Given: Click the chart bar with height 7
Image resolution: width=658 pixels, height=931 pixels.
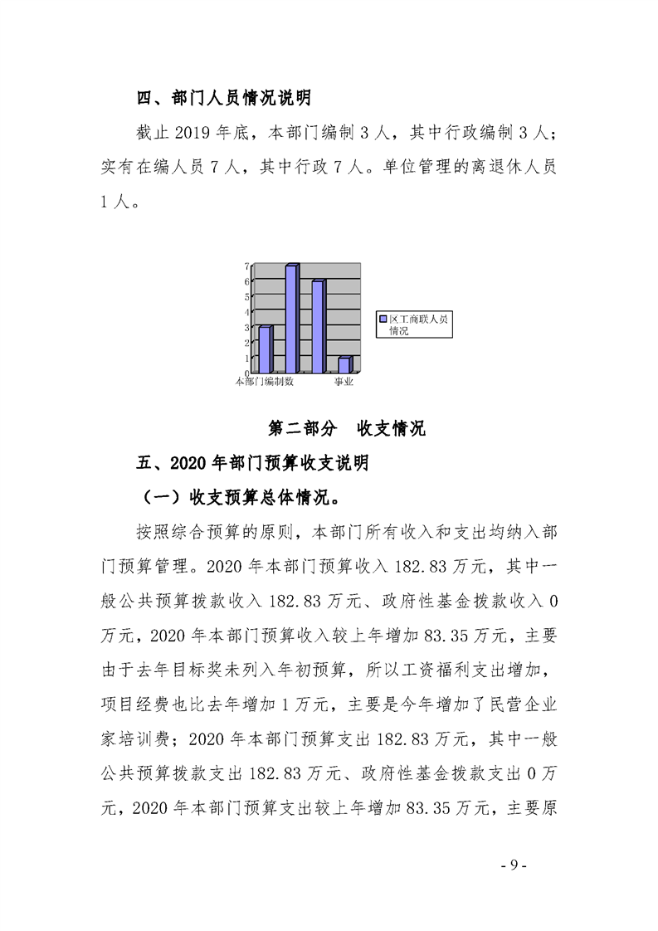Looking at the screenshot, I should (291, 319).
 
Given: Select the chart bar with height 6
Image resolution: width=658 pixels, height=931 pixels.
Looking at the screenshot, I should (317, 327).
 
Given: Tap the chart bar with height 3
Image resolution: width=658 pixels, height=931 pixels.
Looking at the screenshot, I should (265, 349).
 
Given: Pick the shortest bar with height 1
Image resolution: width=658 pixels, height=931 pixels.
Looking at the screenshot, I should (344, 365).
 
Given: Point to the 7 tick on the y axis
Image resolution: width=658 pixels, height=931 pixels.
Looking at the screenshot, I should (246, 266).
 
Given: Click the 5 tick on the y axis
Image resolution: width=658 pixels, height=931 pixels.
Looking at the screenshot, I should (246, 296).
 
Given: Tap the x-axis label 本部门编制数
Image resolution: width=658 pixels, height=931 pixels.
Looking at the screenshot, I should (265, 382).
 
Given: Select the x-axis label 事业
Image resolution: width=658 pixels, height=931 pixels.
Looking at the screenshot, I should (344, 382).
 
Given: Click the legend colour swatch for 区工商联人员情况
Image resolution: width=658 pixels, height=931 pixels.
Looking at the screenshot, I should (383, 319).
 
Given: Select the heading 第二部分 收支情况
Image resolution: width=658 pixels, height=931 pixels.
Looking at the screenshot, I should (347, 429).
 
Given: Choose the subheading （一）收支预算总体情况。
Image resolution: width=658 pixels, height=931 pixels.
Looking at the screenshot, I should (241, 496).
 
